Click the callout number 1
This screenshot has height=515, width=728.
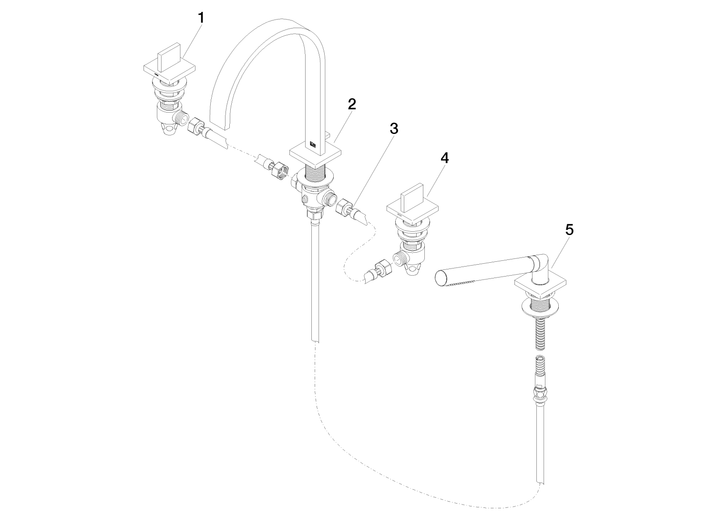click(202, 18)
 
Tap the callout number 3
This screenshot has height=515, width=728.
click(394, 129)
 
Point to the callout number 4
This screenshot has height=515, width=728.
click(444, 158)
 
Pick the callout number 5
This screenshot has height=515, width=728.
click(569, 230)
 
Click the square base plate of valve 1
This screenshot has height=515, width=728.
click(170, 72)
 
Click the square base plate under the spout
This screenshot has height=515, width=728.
click(315, 157)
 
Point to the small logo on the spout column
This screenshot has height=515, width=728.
click(313, 144)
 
